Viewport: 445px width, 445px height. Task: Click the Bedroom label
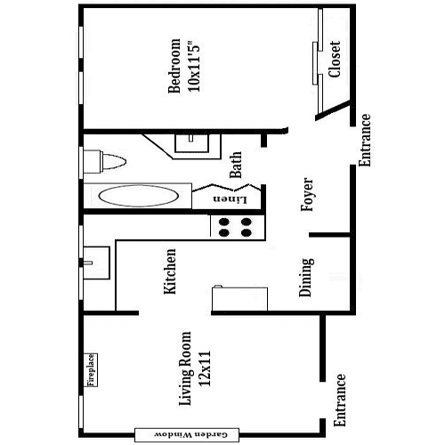(x=174, y=66)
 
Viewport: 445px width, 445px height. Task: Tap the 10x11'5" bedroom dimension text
(x=194, y=66)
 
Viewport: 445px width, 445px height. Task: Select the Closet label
(x=335, y=60)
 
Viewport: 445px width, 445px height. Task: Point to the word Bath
(x=236, y=165)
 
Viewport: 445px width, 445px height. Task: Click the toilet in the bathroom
(x=104, y=162)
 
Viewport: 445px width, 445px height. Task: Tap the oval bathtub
(x=138, y=196)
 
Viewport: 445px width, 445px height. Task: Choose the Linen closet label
(x=230, y=199)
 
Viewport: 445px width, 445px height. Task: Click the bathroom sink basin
(x=192, y=143)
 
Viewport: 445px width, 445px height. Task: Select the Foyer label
(x=307, y=194)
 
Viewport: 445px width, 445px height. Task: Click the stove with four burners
(x=238, y=227)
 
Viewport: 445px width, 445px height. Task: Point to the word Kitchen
(x=170, y=271)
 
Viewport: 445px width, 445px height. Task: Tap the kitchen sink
(x=96, y=263)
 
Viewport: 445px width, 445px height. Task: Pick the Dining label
(x=306, y=278)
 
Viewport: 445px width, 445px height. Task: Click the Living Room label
(x=185, y=368)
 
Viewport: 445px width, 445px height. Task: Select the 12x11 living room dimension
(x=205, y=368)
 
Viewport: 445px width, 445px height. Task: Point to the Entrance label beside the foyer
(x=365, y=141)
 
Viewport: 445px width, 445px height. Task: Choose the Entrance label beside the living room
(x=339, y=400)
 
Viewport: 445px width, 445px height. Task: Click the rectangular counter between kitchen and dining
(x=240, y=299)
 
